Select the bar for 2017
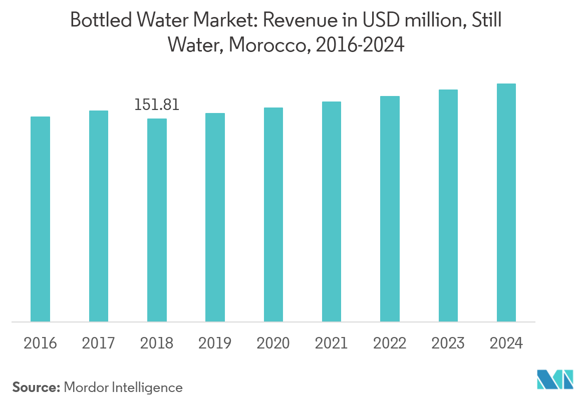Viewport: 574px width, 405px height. point(99,216)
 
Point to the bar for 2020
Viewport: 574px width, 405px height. point(273,214)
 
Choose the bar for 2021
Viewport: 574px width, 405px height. point(332,211)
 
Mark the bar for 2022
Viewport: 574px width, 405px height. point(390,208)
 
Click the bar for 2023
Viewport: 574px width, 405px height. point(448,205)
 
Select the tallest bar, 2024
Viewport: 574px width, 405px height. point(506,202)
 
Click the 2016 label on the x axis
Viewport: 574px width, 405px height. point(40,343)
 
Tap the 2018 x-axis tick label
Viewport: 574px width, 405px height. point(157,343)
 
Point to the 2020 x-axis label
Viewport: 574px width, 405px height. point(273,343)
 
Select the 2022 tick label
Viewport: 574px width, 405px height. point(390,343)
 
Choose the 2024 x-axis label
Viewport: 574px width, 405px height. point(506,343)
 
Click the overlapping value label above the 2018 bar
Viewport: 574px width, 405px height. point(157,105)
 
